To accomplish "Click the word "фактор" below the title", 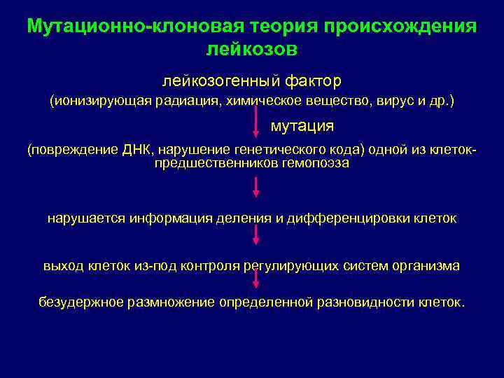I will pos(308,82).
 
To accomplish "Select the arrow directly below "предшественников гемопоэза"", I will pos(256,186).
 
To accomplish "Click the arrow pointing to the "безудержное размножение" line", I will pos(256,279).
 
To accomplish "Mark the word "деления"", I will pos(248,218).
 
